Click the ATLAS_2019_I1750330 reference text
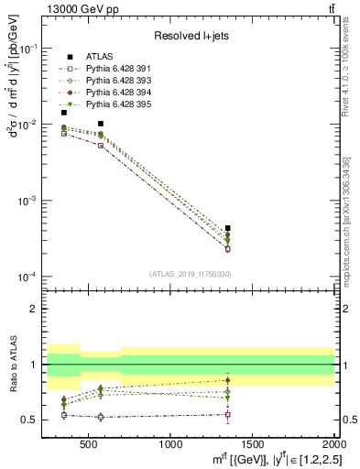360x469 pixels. [190, 274]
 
